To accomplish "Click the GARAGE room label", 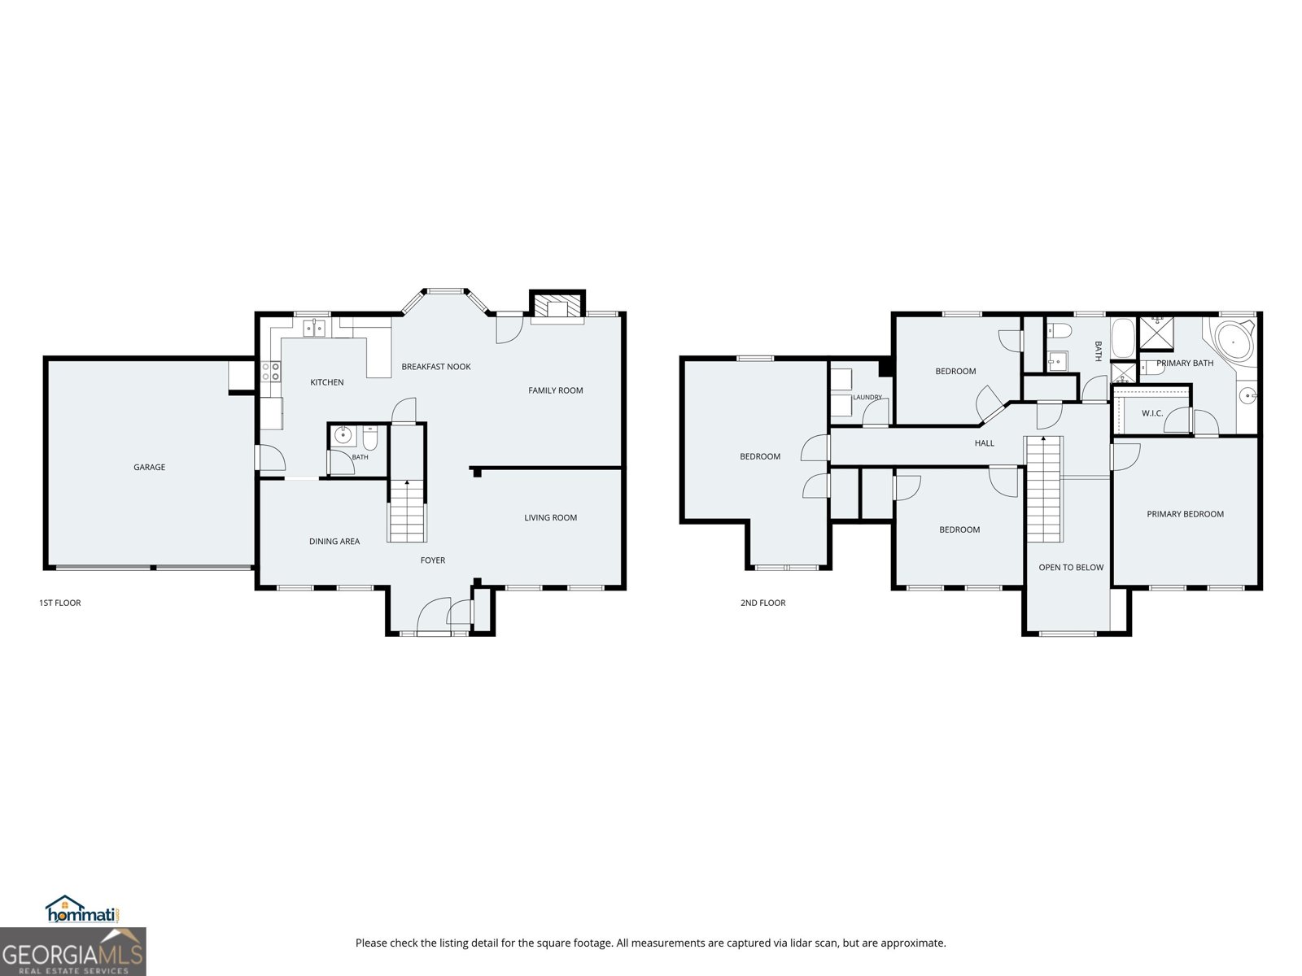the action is (x=149, y=467).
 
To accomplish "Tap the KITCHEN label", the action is (x=327, y=382).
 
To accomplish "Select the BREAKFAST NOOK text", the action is (x=436, y=367).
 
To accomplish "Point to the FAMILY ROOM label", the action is (x=555, y=390).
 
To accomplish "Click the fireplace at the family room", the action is (x=557, y=307).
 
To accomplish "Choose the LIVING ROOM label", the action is (x=550, y=518).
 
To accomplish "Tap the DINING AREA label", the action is (x=334, y=542).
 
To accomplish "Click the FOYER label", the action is (x=432, y=560).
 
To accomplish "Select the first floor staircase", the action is (x=407, y=511).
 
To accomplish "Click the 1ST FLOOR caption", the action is (x=60, y=603).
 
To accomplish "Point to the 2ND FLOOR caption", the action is (x=762, y=603).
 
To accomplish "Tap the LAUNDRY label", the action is (x=867, y=398).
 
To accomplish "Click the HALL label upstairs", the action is (x=984, y=443).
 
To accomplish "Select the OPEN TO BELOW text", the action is (x=1071, y=568).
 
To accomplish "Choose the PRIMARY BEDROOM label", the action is (x=1185, y=514).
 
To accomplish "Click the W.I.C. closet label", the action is (x=1152, y=414).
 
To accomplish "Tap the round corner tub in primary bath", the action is (x=1234, y=342).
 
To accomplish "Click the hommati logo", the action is (x=82, y=908).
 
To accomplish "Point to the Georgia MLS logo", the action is (x=73, y=952).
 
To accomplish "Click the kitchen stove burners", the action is (x=271, y=372).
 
